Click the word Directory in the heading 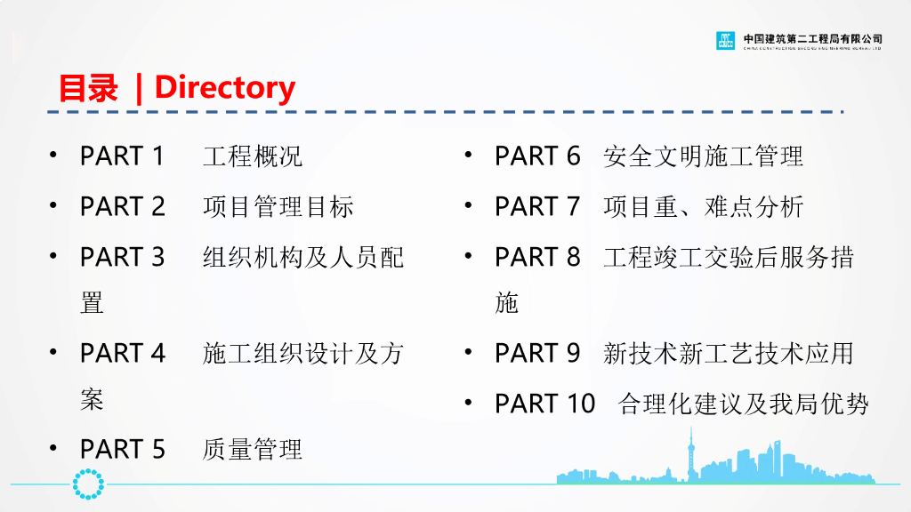[x=224, y=87]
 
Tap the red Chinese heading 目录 [x=88, y=88]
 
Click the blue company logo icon [x=726, y=40]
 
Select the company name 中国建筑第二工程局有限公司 [x=812, y=38]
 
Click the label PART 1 [x=122, y=156]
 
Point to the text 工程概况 [x=253, y=156]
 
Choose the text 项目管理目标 [x=278, y=207]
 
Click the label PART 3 [x=122, y=258]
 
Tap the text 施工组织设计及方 [x=302, y=354]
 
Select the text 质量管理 [x=253, y=450]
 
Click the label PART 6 [x=537, y=156]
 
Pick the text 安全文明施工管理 [x=703, y=156]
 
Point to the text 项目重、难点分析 [x=703, y=207]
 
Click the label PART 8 [x=537, y=258]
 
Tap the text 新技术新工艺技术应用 [x=728, y=354]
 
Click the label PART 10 [x=544, y=404]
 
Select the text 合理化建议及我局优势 [x=743, y=404]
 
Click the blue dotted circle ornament [x=88, y=484]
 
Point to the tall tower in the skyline [x=689, y=453]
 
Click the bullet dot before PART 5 [x=54, y=448]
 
